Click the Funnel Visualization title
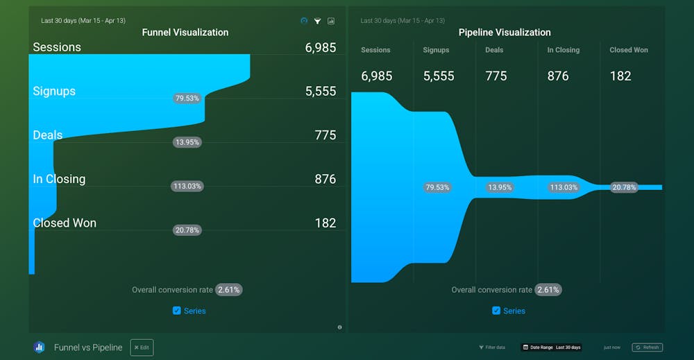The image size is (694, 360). point(185,32)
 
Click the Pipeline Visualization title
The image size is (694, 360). point(505,32)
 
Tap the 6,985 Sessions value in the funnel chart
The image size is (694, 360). point(320,47)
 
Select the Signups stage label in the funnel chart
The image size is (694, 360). point(54,91)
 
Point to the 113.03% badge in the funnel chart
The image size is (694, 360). point(187,186)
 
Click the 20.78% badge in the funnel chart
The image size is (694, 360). point(187,230)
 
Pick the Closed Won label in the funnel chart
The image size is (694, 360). point(65,223)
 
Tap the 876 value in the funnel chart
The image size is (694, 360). point(325,179)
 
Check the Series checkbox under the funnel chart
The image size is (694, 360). point(177,311)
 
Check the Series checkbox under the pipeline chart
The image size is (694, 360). point(496,311)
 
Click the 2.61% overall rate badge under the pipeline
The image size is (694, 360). point(548,289)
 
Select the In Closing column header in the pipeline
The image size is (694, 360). point(563,50)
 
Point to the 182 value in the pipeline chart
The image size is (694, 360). point(620,76)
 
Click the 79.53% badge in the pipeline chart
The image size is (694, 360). point(437,187)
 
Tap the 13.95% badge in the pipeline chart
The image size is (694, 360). point(500,187)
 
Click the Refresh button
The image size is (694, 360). point(647,348)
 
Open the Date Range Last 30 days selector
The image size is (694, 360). point(552,348)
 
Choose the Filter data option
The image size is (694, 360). point(492,348)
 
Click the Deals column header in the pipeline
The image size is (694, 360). point(495,50)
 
